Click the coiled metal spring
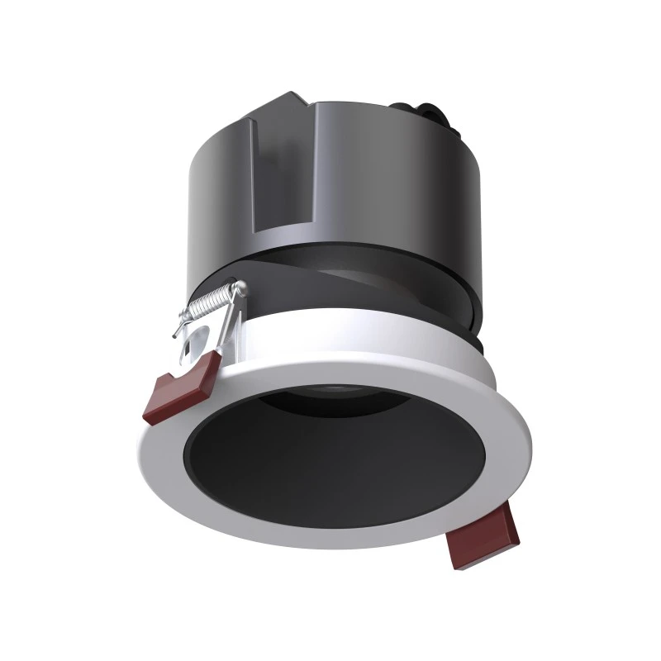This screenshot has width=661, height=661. click(x=212, y=305)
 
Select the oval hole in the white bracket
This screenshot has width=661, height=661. click(x=198, y=339)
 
